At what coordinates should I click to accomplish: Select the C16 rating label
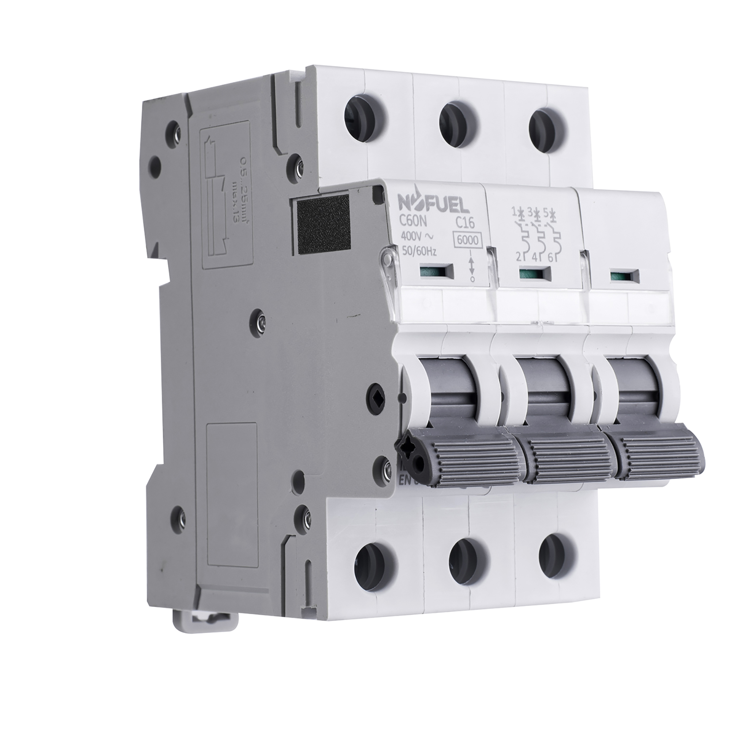(464, 224)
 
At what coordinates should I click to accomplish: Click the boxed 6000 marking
(468, 240)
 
